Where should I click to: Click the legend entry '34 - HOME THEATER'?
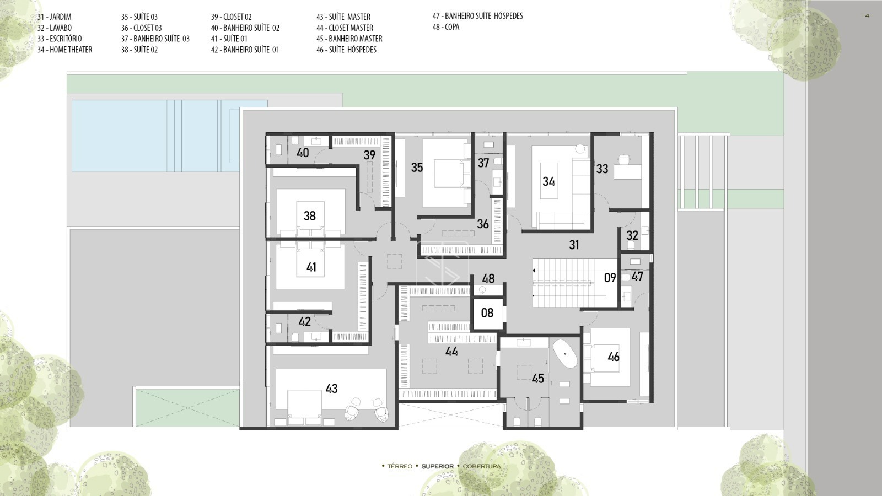(x=65, y=50)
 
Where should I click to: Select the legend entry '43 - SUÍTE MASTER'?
(x=343, y=17)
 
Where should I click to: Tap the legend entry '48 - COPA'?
(x=446, y=27)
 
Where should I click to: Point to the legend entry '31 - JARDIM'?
(x=55, y=17)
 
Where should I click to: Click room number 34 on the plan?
(x=548, y=181)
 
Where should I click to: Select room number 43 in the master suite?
(x=331, y=389)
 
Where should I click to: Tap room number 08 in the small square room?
(x=487, y=313)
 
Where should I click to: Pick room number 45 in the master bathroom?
(x=538, y=378)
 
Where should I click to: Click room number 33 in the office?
(x=602, y=169)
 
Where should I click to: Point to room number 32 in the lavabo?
(x=632, y=235)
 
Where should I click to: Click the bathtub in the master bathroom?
(x=565, y=354)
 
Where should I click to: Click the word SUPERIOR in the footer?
(x=438, y=466)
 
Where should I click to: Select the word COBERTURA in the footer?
(x=482, y=466)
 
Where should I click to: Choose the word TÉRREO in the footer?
(x=400, y=466)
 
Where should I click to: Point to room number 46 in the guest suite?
(x=614, y=357)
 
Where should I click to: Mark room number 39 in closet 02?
(x=369, y=155)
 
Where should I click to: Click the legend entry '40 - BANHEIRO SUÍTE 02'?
(x=245, y=28)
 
